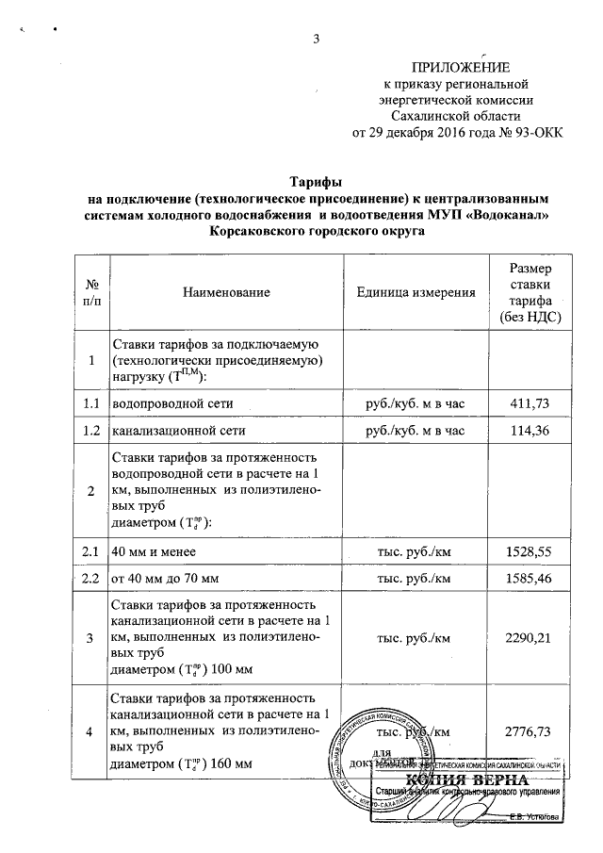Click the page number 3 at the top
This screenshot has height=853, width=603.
318,39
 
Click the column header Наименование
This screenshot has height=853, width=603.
227,292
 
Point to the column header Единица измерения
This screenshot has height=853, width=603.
416,292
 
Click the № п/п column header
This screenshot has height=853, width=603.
91,292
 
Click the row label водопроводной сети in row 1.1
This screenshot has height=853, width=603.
172,403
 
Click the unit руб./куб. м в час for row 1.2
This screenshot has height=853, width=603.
416,432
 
